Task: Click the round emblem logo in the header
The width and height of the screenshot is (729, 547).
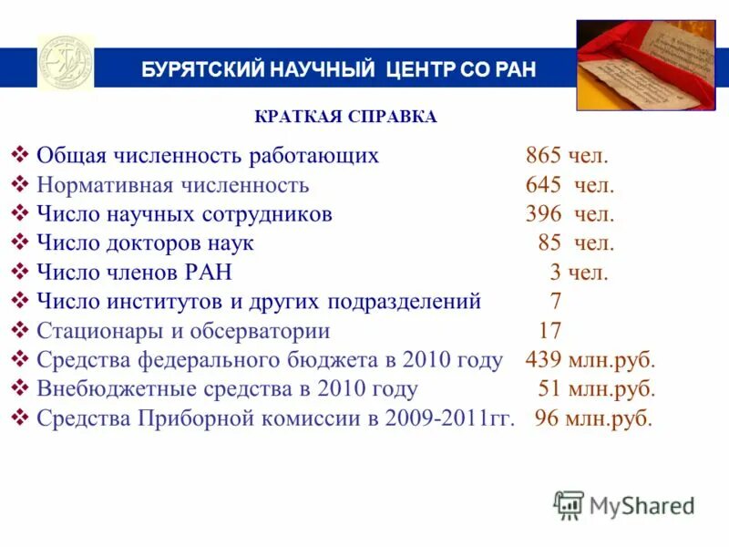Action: tap(65, 63)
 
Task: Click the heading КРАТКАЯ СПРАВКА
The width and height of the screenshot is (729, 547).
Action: tap(345, 117)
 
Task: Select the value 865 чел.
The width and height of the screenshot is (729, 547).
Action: tap(566, 156)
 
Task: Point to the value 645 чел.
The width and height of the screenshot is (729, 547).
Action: tap(570, 186)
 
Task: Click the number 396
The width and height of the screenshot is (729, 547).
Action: tap(542, 215)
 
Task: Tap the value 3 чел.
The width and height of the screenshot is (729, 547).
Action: tap(579, 273)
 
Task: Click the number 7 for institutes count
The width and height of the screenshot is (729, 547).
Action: tap(555, 302)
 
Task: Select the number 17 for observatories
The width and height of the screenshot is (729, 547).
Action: tap(549, 331)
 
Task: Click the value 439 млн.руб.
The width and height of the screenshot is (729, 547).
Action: tap(590, 360)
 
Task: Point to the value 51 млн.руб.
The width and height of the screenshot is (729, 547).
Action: tap(597, 389)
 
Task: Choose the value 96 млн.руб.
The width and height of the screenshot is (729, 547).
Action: tap(593, 418)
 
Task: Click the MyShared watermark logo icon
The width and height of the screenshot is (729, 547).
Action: tap(569, 505)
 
